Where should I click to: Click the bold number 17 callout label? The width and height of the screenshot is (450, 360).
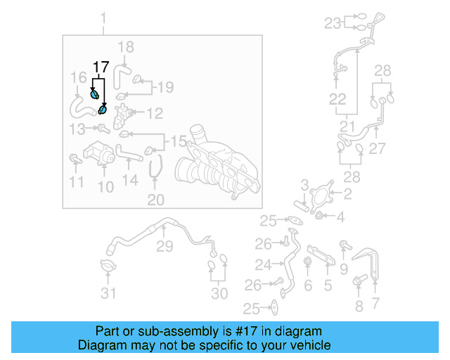101,67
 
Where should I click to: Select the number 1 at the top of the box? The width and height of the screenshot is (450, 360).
103,18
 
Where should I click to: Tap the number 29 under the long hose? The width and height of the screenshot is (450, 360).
164,246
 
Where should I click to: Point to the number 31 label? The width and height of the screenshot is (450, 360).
108,293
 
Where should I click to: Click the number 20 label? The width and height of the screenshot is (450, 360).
155,200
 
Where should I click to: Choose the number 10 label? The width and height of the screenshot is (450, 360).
105,186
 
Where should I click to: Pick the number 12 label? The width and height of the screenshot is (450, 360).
154,113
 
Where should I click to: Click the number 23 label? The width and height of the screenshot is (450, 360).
332,23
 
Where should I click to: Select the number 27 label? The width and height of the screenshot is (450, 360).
378,148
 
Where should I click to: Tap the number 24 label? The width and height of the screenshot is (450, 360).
263,265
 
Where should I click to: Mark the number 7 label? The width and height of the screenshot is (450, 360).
375,304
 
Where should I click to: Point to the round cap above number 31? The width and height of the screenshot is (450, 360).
108,268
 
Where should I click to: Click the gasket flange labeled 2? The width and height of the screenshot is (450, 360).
322,194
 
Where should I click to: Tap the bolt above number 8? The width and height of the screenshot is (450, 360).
357,283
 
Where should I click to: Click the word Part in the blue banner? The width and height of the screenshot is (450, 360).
108,331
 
